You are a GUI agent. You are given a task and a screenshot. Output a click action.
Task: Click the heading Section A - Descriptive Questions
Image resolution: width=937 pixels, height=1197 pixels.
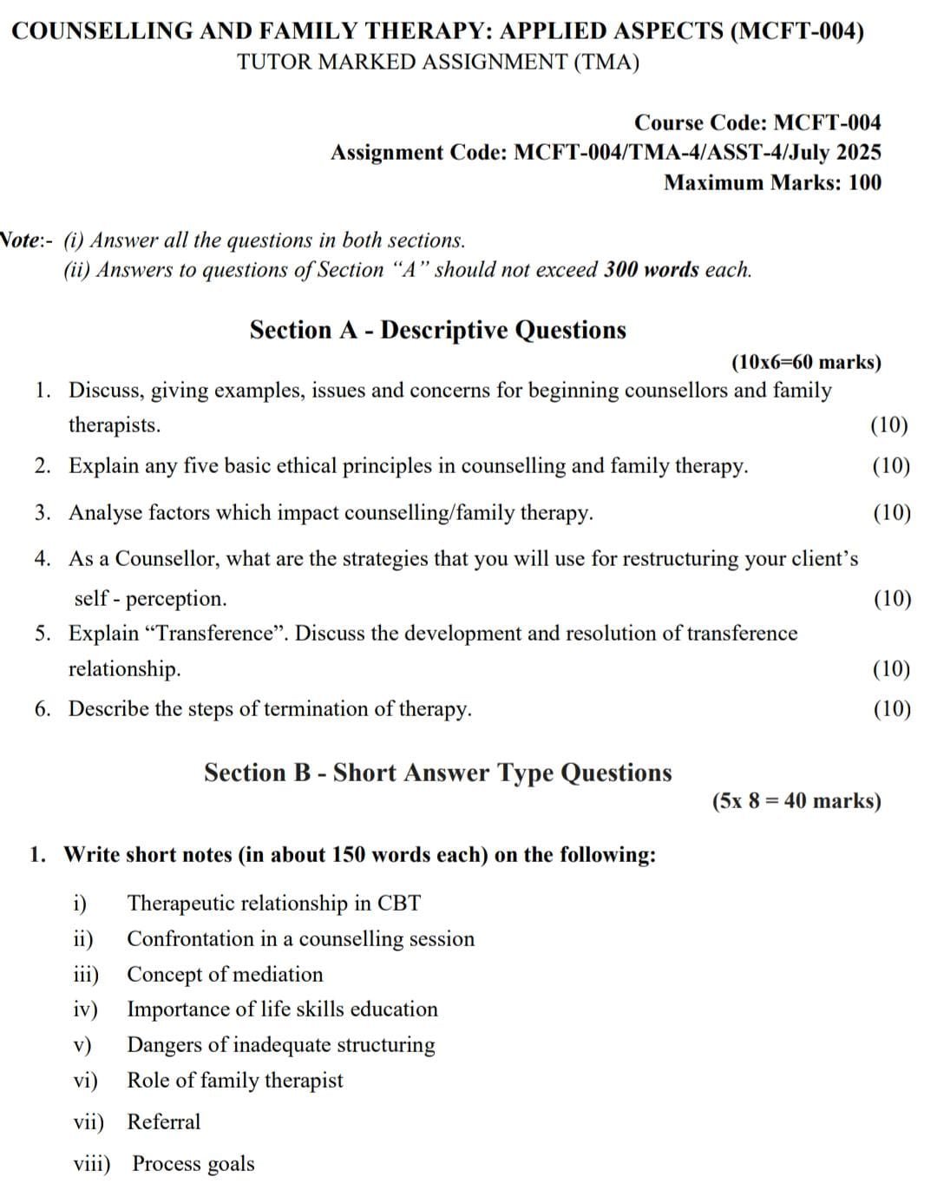click(x=437, y=330)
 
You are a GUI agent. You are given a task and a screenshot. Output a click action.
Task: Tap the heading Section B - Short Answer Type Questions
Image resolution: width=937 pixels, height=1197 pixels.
click(x=437, y=773)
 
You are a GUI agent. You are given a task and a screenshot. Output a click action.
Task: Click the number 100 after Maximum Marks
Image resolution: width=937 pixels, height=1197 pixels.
click(x=864, y=182)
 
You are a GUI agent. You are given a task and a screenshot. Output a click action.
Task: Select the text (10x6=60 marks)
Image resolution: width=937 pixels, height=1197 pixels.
click(x=806, y=362)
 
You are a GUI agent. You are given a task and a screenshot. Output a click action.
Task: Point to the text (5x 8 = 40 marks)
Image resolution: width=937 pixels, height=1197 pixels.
click(x=796, y=800)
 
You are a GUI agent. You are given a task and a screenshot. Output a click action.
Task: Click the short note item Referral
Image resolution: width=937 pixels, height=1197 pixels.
click(x=163, y=1121)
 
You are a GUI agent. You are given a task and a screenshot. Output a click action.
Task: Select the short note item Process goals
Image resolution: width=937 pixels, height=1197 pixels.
click(x=193, y=1163)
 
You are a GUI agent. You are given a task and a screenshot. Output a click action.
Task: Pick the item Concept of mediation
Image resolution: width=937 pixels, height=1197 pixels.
click(x=225, y=974)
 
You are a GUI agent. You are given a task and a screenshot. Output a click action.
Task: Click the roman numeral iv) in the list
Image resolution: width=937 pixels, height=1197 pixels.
click(x=85, y=1009)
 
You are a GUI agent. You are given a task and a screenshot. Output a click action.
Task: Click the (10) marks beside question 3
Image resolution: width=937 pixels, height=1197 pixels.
click(x=891, y=512)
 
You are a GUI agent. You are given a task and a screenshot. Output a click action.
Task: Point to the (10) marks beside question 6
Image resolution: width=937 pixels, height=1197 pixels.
click(x=891, y=708)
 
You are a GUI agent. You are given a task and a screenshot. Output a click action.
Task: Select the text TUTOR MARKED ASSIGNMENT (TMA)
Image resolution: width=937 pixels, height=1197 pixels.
click(x=437, y=62)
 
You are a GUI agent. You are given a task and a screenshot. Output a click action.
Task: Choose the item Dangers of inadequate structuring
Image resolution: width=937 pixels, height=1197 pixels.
click(x=281, y=1044)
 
